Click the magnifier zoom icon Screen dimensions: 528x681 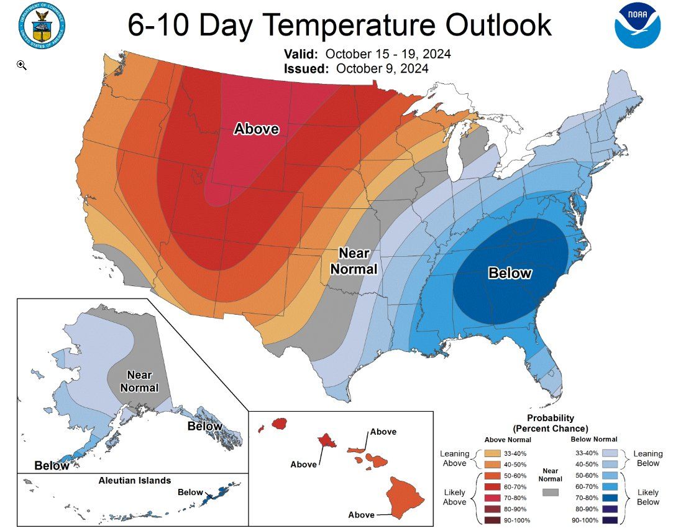pyautogui.click(x=22, y=65)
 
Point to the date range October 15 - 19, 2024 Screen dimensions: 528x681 pyautogui.click(x=388, y=54)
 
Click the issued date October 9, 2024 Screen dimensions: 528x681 pyautogui.click(x=382, y=68)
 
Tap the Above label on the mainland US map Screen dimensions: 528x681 pyautogui.click(x=256, y=129)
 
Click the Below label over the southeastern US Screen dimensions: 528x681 pyautogui.click(x=510, y=272)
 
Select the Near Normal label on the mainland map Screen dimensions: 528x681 pyautogui.click(x=354, y=261)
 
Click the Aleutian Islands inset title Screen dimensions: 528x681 pyautogui.click(x=135, y=481)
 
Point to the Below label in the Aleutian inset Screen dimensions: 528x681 pyautogui.click(x=190, y=492)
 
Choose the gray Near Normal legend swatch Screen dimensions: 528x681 pyautogui.click(x=550, y=491)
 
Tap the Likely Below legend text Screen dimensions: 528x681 pyautogui.click(x=648, y=496)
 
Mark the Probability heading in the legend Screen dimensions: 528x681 pyautogui.click(x=550, y=418)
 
